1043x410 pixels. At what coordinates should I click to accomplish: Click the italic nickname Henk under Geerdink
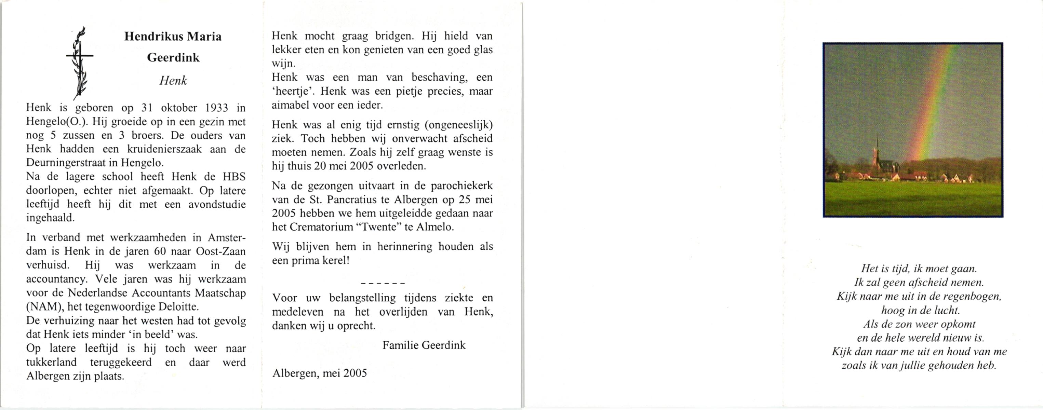[173, 81]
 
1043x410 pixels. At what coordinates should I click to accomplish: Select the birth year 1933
[217, 108]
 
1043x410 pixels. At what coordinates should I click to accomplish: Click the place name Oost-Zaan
[220, 251]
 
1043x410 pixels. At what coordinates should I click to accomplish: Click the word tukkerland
[51, 362]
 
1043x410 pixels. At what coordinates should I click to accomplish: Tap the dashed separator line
[382, 283]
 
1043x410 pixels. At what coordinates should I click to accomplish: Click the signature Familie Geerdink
[424, 345]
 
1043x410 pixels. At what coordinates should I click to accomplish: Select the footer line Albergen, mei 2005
[319, 373]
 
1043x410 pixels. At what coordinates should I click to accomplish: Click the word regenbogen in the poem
[972, 297]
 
